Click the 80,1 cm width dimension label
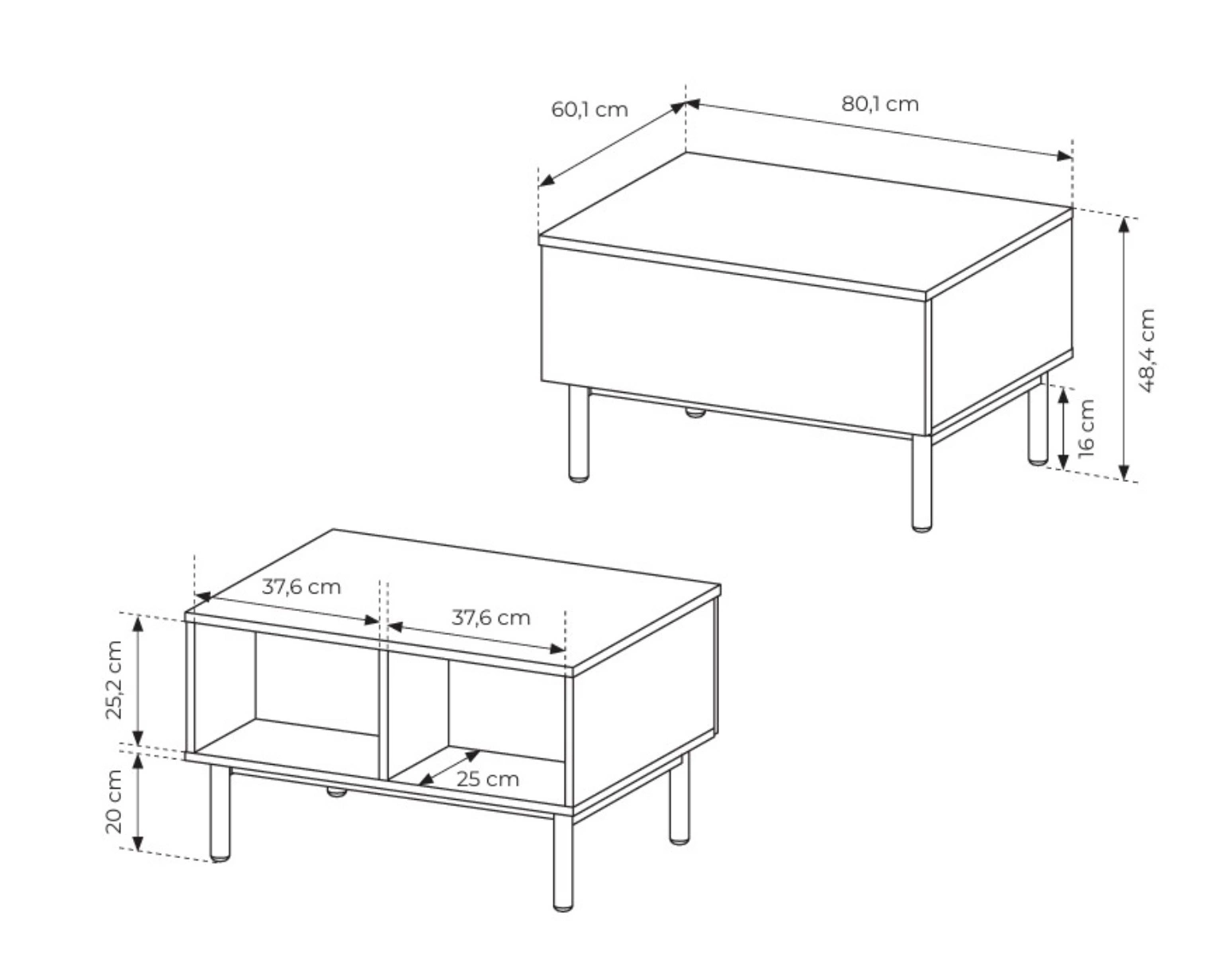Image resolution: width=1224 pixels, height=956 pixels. tap(880, 104)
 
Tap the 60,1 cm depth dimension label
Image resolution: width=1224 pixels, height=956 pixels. tap(589, 110)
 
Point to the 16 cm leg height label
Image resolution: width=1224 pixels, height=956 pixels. tap(1086, 428)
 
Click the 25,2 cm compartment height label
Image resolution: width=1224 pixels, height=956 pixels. tap(114, 680)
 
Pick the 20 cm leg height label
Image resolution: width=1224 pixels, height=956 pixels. tap(114, 801)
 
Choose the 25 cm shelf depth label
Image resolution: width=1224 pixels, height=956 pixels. tap(487, 779)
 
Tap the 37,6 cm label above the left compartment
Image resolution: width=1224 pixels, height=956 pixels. tap(301, 587)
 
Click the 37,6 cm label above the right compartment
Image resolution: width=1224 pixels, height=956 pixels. tap(491, 618)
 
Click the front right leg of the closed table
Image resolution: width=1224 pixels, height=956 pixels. tap(921, 484)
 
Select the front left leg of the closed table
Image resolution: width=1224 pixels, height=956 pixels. tap(578, 433)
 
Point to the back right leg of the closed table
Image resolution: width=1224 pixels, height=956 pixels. tap(1038, 419)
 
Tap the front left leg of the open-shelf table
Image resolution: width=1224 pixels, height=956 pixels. tap(220, 813)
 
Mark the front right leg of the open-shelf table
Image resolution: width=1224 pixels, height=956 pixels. tap(563, 863)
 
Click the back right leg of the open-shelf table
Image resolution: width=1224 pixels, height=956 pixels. tap(679, 799)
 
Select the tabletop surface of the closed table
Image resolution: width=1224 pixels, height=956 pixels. tap(805, 222)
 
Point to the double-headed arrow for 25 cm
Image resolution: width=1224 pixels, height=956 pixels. tap(449, 767)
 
